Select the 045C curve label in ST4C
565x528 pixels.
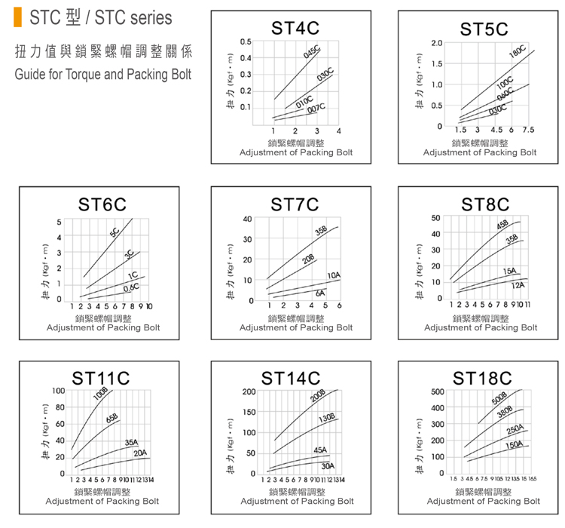coord(312,53)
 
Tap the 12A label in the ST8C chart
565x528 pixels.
coord(518,285)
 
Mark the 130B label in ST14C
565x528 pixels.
coord(326,418)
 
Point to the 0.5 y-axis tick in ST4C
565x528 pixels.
coord(246,41)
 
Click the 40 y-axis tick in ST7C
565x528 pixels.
coord(247,219)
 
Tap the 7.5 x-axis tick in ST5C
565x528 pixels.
coord(528,130)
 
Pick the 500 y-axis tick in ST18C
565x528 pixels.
coord(437,392)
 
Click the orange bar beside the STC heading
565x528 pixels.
coord(18,17)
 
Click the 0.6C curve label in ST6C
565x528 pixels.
coord(131,287)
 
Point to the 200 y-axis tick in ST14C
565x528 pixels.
coord(249,392)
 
